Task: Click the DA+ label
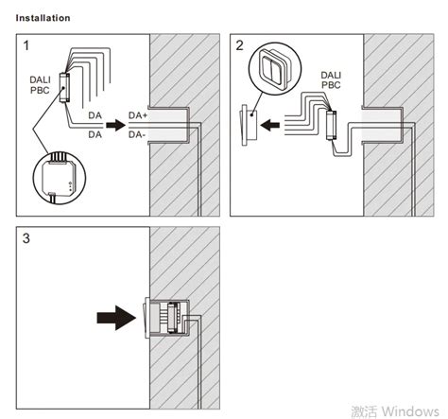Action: (x=138, y=115)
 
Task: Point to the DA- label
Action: (x=137, y=134)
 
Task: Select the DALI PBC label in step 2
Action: (x=331, y=79)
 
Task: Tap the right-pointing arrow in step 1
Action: (x=113, y=124)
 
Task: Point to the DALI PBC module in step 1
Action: (x=62, y=88)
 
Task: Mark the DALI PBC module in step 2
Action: (x=334, y=123)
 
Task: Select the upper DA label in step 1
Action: (x=95, y=115)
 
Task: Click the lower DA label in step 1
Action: (x=95, y=134)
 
